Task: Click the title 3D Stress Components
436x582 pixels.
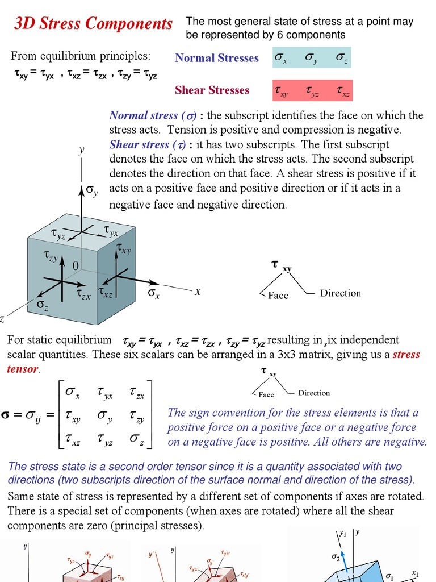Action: click(93, 24)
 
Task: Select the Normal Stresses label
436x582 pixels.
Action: click(216, 58)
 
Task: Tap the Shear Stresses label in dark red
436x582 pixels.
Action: click(212, 90)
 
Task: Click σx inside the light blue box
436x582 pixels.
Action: click(281, 58)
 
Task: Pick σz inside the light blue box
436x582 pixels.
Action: click(342, 58)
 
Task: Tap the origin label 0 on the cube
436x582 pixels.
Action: click(75, 266)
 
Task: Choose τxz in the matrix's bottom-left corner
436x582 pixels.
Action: click(73, 439)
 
